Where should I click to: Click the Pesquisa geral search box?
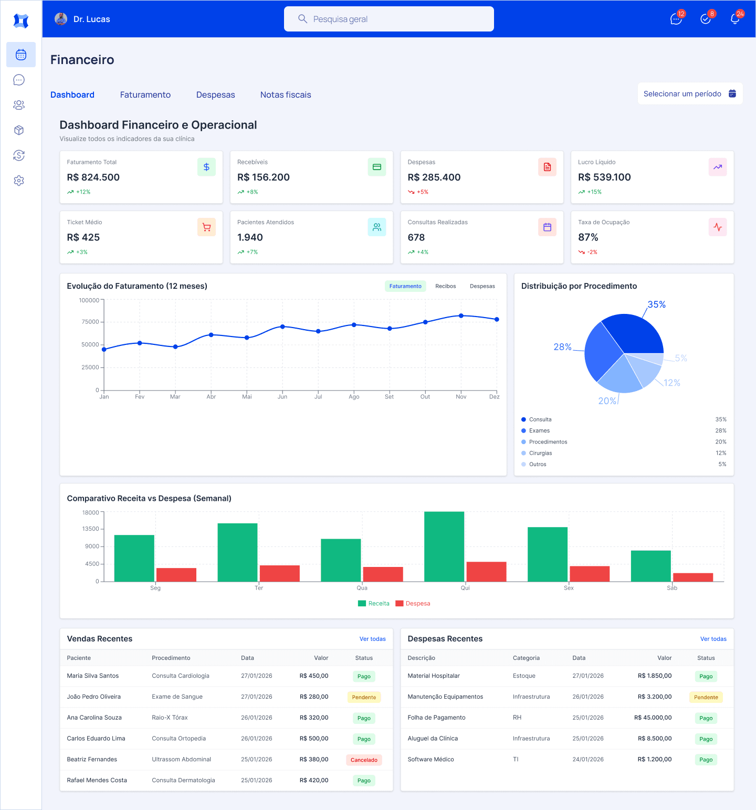click(x=388, y=19)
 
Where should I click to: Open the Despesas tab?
click(x=215, y=95)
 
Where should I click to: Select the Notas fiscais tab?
click(x=286, y=95)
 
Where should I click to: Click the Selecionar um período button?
click(x=689, y=94)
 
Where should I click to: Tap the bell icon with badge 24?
click(x=735, y=19)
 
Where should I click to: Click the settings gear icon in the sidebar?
click(x=19, y=181)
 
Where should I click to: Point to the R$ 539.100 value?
click(x=604, y=177)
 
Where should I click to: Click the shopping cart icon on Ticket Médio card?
click(x=206, y=227)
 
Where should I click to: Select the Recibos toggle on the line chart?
click(x=445, y=286)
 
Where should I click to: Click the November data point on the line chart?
click(x=461, y=316)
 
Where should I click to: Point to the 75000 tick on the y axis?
click(x=90, y=322)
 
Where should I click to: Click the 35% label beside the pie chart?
click(x=656, y=304)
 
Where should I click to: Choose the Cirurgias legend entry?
click(x=540, y=453)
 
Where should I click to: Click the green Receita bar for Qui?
click(x=444, y=546)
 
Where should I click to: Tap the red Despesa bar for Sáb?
click(x=693, y=577)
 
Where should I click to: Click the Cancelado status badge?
click(x=364, y=760)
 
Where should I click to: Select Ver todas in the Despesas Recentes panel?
click(x=713, y=639)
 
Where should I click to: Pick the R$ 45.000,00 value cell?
click(x=653, y=718)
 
